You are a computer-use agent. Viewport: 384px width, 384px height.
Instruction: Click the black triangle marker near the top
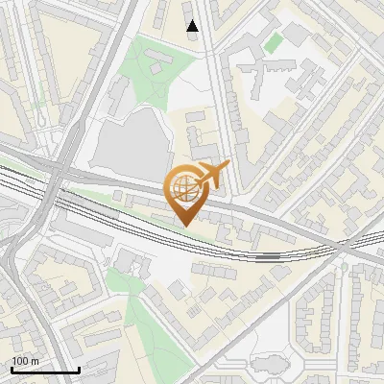tap(193, 26)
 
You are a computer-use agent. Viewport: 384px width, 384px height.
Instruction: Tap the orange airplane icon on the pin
tap(212, 173)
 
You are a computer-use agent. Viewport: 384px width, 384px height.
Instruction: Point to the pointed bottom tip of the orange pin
tap(182, 227)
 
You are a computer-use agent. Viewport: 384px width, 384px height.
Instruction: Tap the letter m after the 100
tap(35, 360)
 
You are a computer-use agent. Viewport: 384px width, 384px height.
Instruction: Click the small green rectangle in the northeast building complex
tap(275, 43)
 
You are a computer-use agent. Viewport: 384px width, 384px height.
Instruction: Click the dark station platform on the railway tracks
tap(268, 256)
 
